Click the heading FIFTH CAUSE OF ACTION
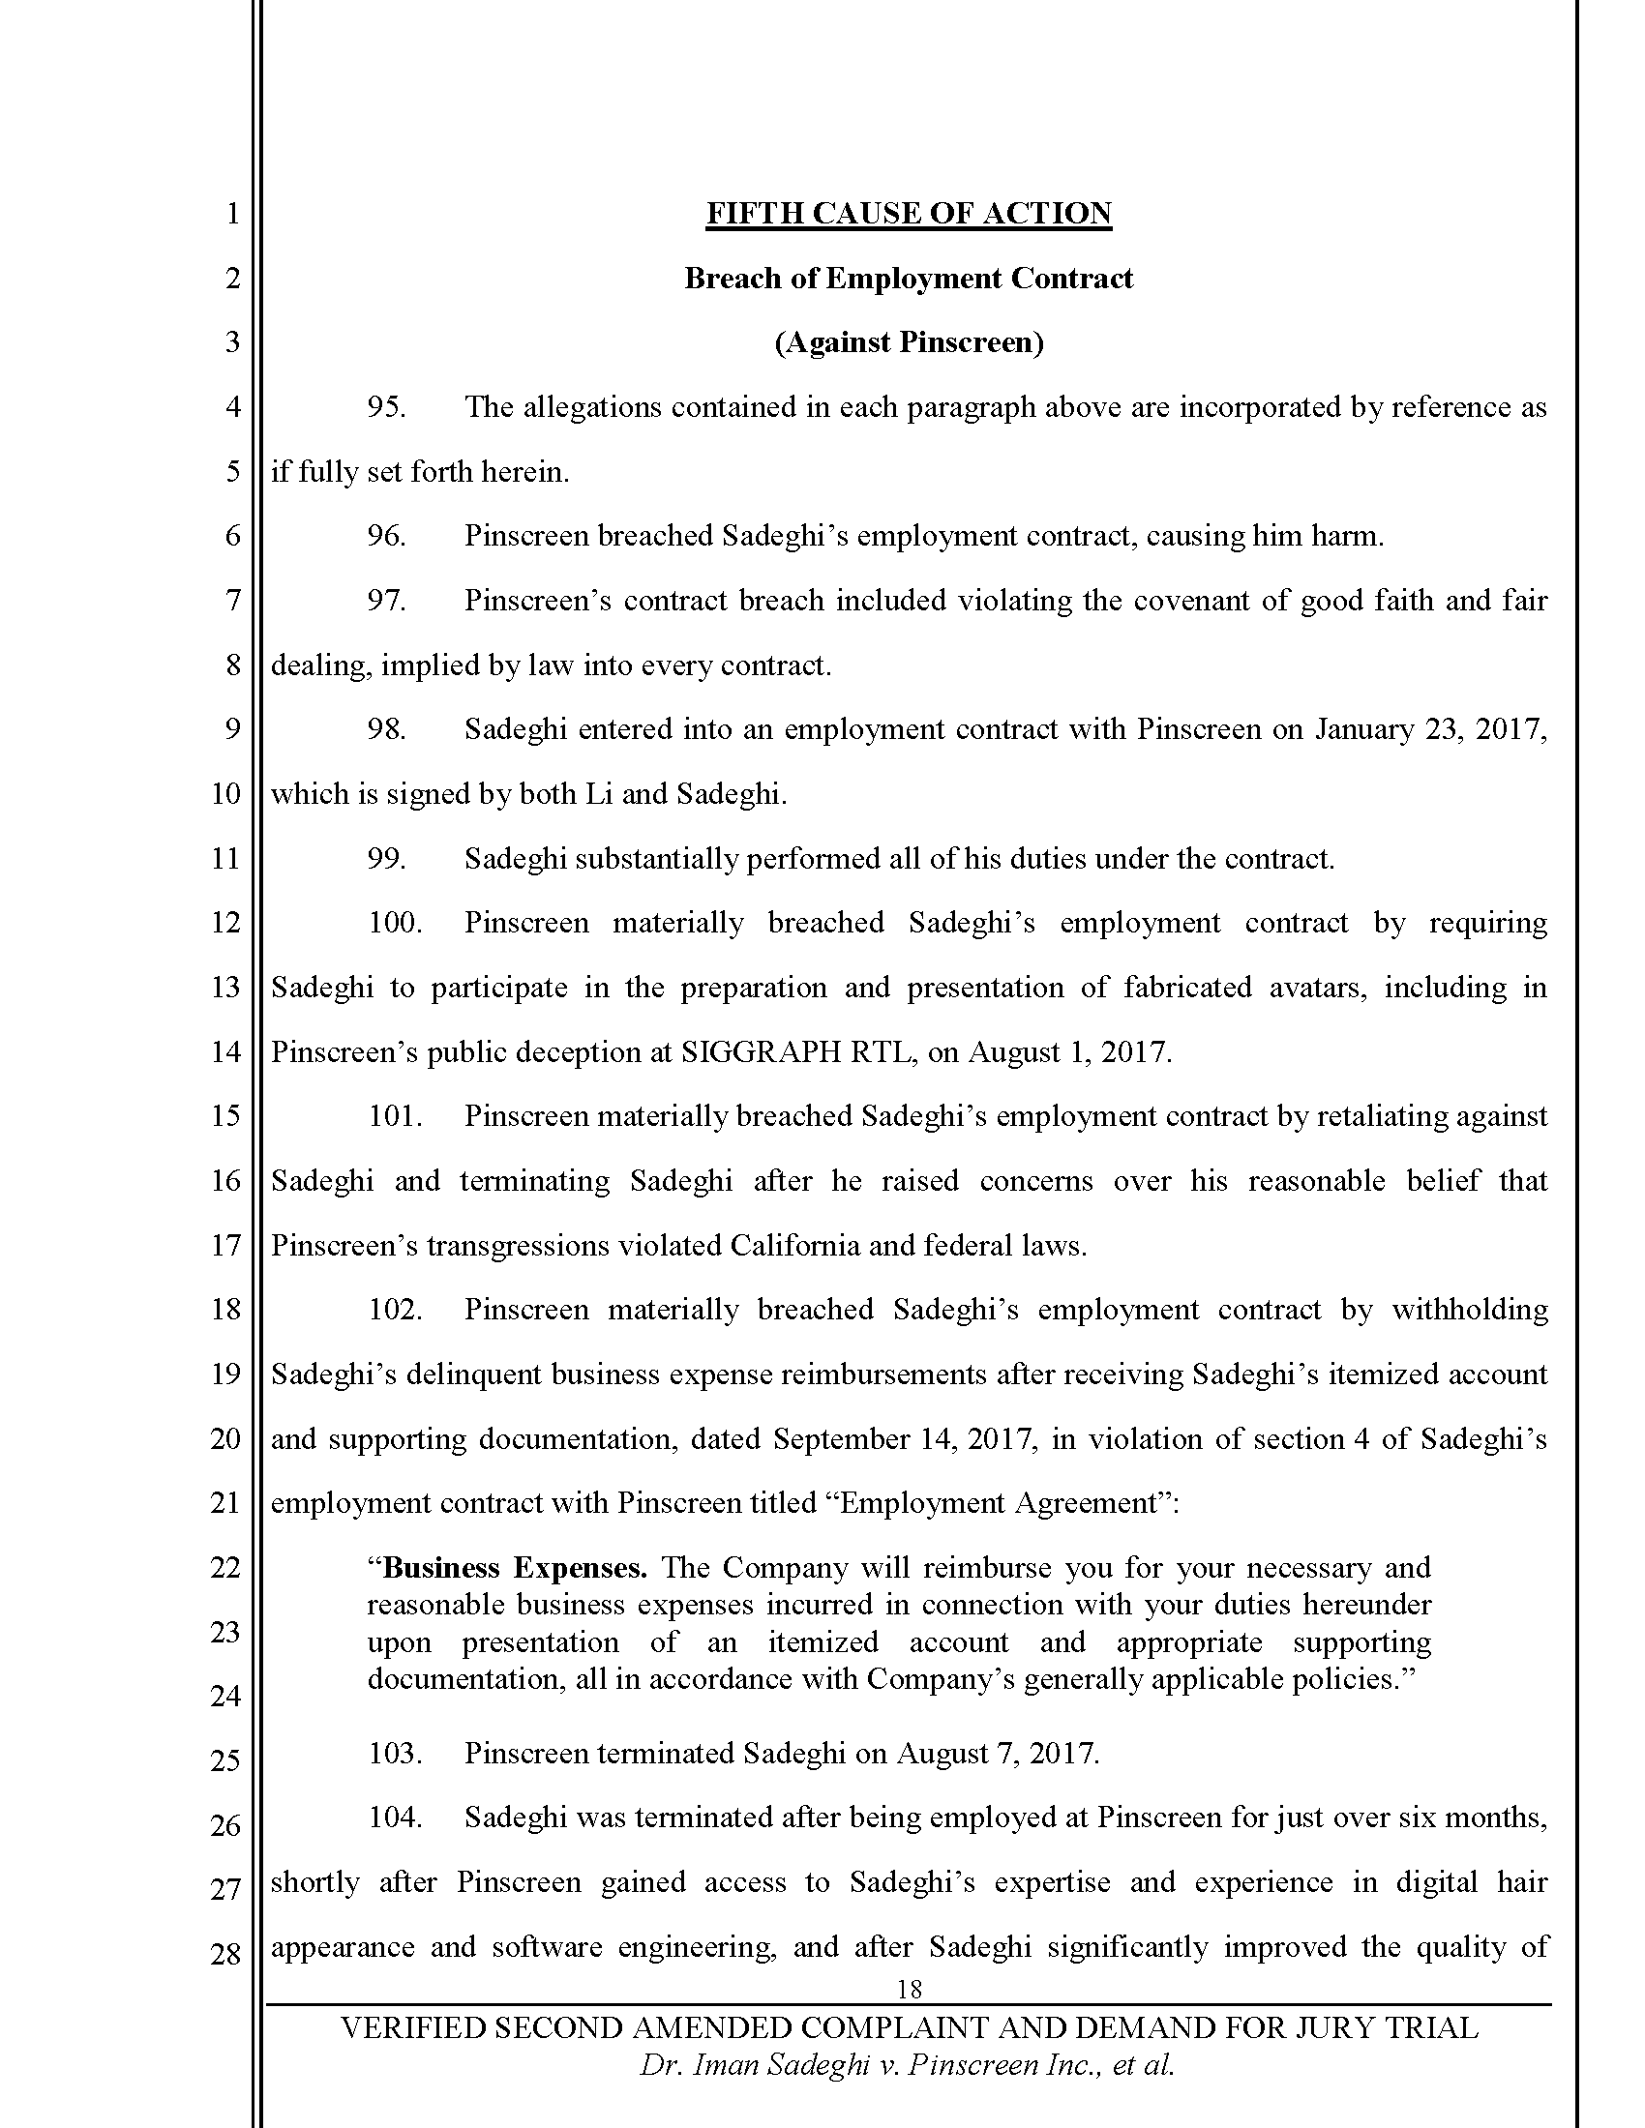click(x=909, y=214)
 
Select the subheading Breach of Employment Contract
click(x=909, y=279)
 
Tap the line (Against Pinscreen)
click(x=909, y=343)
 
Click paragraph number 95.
click(x=386, y=407)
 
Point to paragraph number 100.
click(x=395, y=923)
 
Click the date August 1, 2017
click(x=1069, y=1052)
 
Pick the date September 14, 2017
click(x=904, y=1439)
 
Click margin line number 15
click(x=225, y=1116)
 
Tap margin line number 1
click(x=232, y=214)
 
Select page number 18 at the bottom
click(x=909, y=1989)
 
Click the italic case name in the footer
click(x=907, y=2066)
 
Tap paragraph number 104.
click(x=395, y=1818)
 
